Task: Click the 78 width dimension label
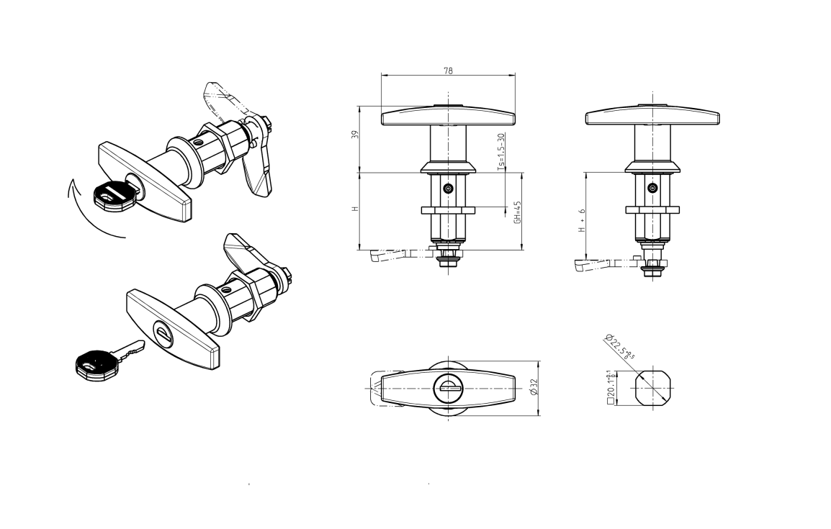click(x=448, y=71)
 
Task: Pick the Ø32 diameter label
click(x=533, y=388)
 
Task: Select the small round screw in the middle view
click(x=449, y=189)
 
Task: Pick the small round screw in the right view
click(x=652, y=189)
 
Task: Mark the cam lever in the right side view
click(x=598, y=266)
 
